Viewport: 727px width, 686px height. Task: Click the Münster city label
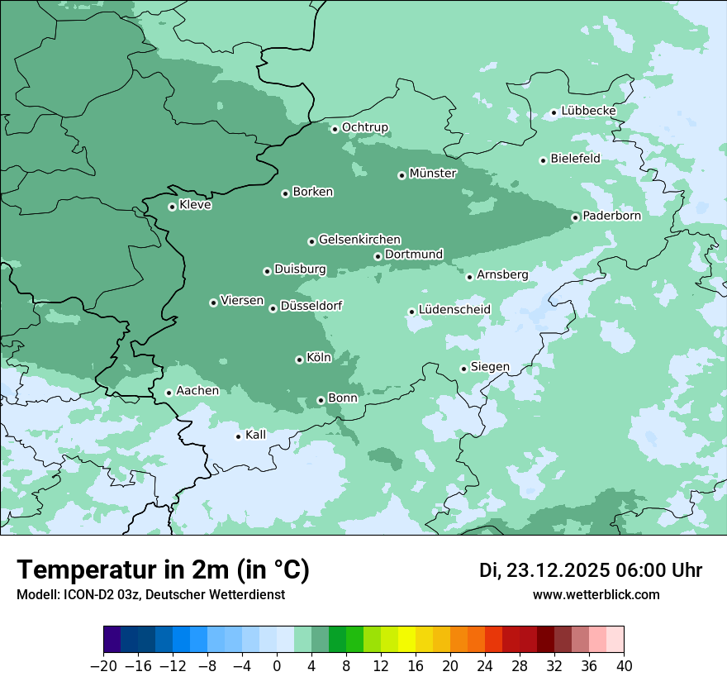433,174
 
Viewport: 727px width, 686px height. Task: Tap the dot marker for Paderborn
576,217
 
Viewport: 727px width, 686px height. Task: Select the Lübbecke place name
588,111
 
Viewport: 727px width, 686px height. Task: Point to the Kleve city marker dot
172,207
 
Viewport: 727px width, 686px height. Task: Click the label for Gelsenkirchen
359,240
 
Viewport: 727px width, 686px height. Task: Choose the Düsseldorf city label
311,307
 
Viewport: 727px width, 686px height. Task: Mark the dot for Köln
299,360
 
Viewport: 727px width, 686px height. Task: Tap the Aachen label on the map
197,391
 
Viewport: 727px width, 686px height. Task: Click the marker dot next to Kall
238,436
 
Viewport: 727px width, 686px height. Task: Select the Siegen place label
490,367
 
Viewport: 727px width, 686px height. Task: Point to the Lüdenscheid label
454,310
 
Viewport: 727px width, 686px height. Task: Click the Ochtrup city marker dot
335,129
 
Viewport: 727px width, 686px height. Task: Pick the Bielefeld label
575,159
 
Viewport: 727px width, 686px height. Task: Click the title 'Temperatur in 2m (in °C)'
164,570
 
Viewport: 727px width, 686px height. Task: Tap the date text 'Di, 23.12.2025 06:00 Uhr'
591,570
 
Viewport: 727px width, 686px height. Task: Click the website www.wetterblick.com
596,594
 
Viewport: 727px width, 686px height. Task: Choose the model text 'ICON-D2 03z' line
150,594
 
